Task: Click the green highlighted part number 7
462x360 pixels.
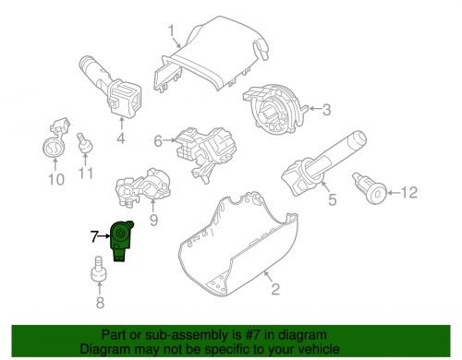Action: (x=121, y=241)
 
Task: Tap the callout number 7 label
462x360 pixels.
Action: (x=94, y=236)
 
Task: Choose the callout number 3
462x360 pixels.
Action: (x=326, y=110)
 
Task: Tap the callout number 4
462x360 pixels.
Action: (x=121, y=138)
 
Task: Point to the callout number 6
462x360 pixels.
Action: (x=158, y=141)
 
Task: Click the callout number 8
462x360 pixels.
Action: (x=100, y=303)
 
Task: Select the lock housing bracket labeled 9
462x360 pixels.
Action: (x=143, y=188)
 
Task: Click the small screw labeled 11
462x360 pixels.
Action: (x=84, y=143)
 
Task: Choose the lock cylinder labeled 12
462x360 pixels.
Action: (x=370, y=188)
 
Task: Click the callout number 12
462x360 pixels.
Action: (x=409, y=193)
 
